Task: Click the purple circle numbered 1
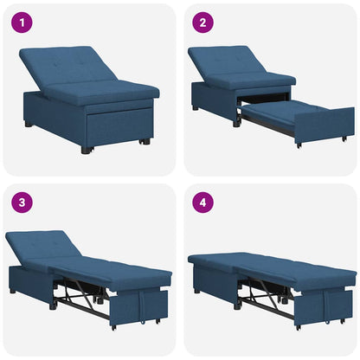pos(19,22)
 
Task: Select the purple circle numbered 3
pos(19,203)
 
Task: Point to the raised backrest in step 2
pos(229,62)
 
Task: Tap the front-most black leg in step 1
pos(86,149)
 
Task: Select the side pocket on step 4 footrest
pos(333,303)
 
